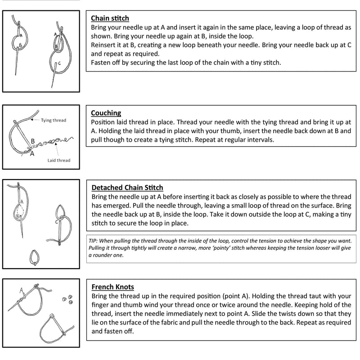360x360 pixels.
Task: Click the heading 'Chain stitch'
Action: click(x=110, y=18)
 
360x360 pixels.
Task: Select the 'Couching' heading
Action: click(x=106, y=113)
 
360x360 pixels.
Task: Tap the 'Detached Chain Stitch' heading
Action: click(x=127, y=188)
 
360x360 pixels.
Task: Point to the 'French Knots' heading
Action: click(x=112, y=287)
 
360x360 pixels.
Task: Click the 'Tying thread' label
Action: click(x=54, y=120)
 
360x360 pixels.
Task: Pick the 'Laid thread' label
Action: click(x=59, y=161)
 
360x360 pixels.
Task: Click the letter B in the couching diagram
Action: click(x=33, y=141)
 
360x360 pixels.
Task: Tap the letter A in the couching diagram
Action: click(x=32, y=153)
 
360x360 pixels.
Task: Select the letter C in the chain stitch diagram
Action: click(x=59, y=63)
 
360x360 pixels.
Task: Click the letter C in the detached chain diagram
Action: click(x=57, y=222)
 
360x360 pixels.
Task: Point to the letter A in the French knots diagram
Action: click(x=21, y=290)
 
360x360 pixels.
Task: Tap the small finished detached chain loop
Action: click(x=35, y=257)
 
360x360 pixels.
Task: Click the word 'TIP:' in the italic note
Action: click(x=93, y=241)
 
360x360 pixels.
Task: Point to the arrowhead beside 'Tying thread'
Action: click(x=32, y=120)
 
